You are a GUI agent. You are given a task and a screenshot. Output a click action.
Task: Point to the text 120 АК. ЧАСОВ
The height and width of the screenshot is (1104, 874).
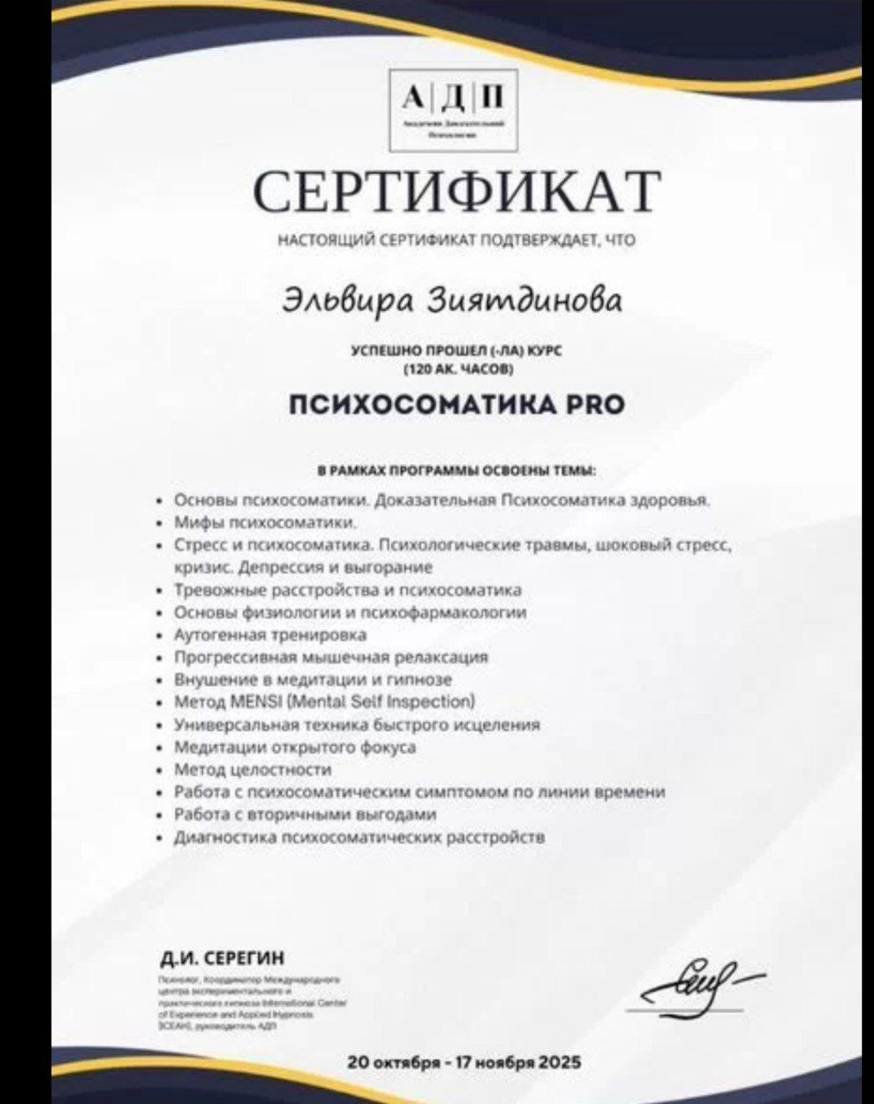pyautogui.click(x=457, y=370)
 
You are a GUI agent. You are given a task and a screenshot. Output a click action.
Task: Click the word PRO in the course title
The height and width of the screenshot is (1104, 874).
pyautogui.click(x=594, y=405)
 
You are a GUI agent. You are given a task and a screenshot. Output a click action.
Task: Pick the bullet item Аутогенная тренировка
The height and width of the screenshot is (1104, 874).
pyautogui.click(x=270, y=635)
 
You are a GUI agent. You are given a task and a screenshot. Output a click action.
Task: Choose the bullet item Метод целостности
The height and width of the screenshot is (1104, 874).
pyautogui.click(x=253, y=769)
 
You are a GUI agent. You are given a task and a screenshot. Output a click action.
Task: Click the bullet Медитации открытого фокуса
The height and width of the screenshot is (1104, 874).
pyautogui.click(x=295, y=747)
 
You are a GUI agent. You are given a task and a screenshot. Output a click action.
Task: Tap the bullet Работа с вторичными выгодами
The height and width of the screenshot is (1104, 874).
pyautogui.click(x=305, y=814)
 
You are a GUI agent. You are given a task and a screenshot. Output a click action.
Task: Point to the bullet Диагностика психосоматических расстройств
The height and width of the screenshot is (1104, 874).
pyautogui.click(x=360, y=837)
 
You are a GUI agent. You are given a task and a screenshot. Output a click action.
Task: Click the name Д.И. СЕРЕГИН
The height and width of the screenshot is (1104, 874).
pyautogui.click(x=222, y=959)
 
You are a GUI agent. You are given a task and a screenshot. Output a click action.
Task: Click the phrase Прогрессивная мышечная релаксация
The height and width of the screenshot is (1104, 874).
pyautogui.click(x=331, y=657)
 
